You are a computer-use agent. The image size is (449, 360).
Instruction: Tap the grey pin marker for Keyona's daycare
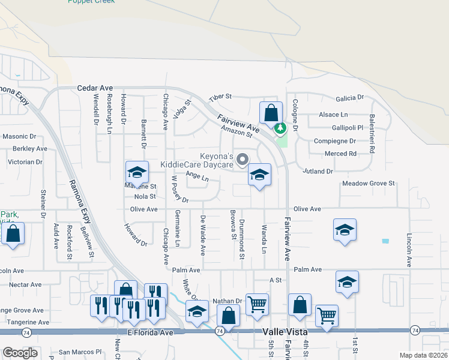[243, 160]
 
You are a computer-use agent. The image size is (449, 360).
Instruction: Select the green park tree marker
[280, 128]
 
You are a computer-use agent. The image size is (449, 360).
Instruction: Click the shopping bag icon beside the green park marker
[271, 112]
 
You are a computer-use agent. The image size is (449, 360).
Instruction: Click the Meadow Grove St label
[369, 183]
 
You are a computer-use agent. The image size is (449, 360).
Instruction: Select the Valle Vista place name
[285, 332]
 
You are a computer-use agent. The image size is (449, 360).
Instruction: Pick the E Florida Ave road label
[150, 332]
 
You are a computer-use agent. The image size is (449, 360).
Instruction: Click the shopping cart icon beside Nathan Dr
[257, 304]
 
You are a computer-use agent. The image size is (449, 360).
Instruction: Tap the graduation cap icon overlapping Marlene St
[137, 173]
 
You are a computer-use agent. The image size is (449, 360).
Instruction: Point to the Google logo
[20, 353]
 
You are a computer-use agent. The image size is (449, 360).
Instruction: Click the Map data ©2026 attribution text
[423, 355]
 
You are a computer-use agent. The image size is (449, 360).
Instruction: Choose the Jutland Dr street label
[318, 171]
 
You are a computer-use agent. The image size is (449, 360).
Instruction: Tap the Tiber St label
[220, 97]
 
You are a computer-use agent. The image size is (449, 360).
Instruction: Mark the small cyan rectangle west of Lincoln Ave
[385, 241]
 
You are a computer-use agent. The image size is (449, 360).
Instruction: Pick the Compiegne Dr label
[335, 141]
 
